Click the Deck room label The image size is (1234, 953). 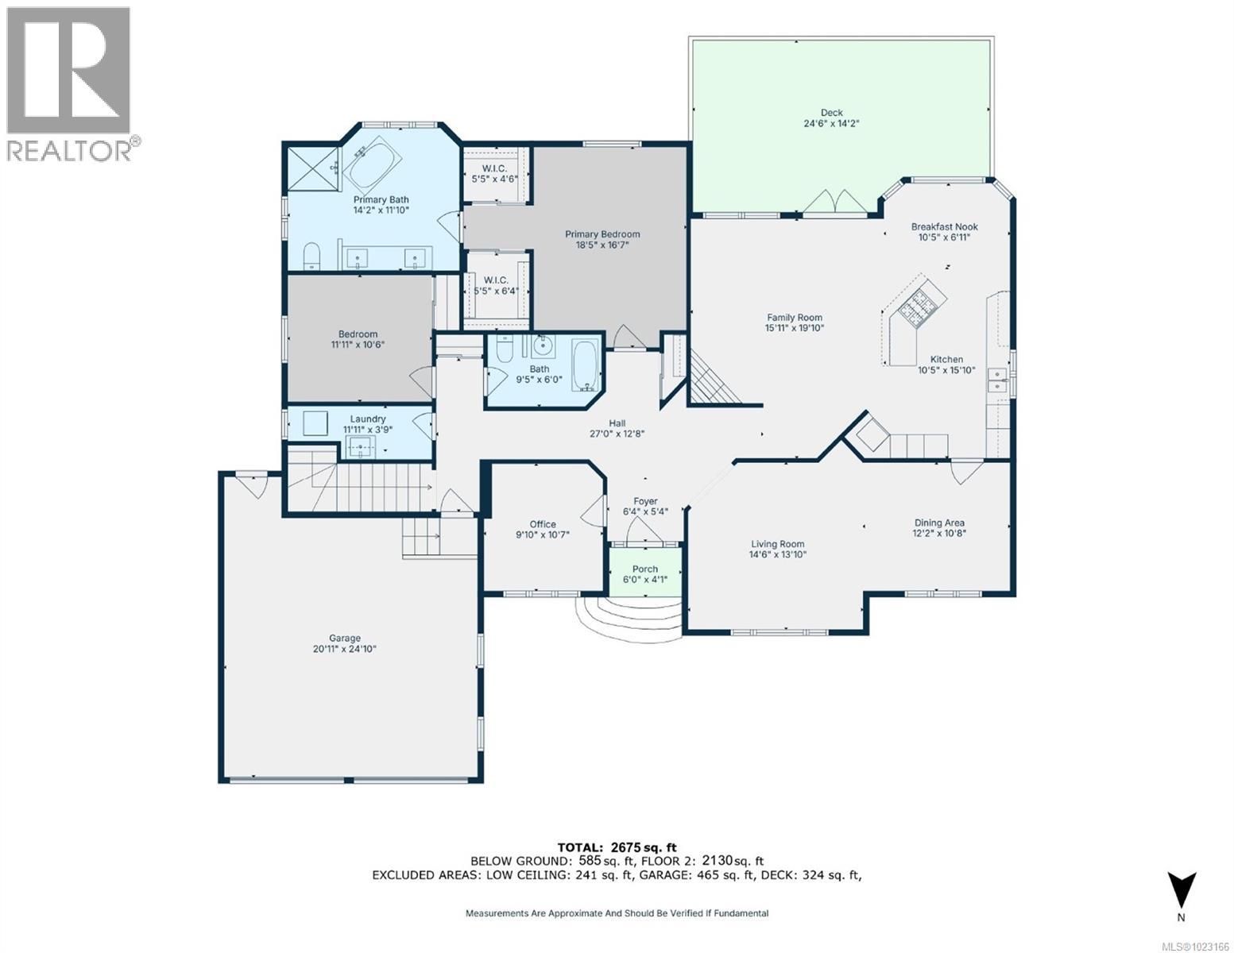pyautogui.click(x=831, y=113)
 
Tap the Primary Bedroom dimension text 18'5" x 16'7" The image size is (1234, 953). pyautogui.click(x=602, y=245)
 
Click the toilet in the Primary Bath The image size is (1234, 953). pyautogui.click(x=311, y=255)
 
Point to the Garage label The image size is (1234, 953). pyautogui.click(x=345, y=638)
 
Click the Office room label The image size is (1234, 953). pyautogui.click(x=543, y=524)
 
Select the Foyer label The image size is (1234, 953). pyautogui.click(x=645, y=501)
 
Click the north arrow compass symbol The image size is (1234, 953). pyautogui.click(x=1181, y=891)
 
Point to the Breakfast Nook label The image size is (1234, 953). pyautogui.click(x=944, y=226)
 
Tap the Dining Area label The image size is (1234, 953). pyautogui.click(x=939, y=523)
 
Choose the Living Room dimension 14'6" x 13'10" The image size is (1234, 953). pyautogui.click(x=778, y=555)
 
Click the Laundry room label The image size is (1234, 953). pyautogui.click(x=367, y=419)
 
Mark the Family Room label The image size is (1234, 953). pyautogui.click(x=794, y=318)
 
